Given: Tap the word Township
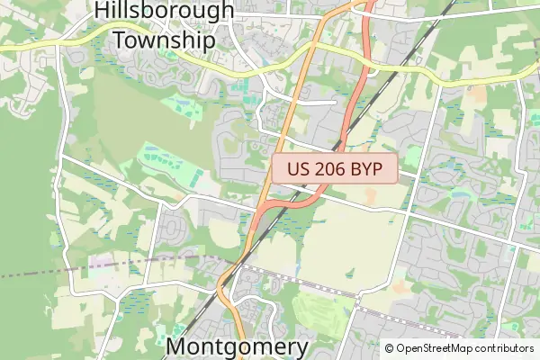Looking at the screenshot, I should (x=164, y=40).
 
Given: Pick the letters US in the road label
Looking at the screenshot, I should (x=300, y=168).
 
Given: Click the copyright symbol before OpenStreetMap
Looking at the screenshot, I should (x=390, y=348).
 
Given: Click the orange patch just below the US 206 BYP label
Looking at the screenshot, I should (x=371, y=193).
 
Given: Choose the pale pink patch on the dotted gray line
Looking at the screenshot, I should (x=102, y=263).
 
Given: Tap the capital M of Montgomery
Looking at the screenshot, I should (x=179, y=347).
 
